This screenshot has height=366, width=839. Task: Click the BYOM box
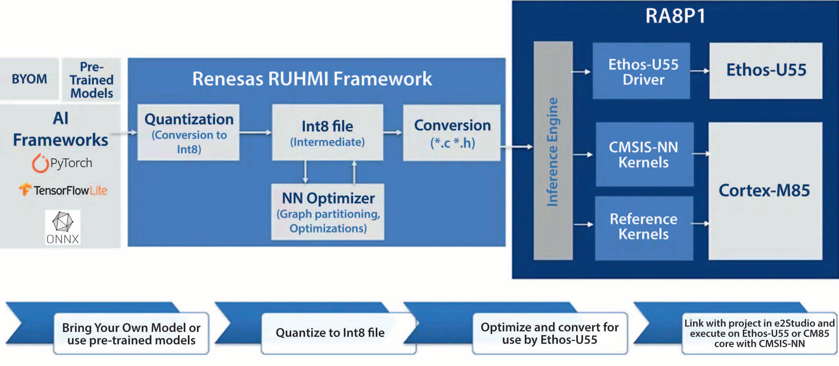(x=29, y=79)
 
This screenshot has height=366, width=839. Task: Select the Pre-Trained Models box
(x=91, y=80)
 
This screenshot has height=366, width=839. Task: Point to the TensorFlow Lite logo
(x=63, y=190)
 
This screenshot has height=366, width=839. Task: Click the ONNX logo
(x=63, y=227)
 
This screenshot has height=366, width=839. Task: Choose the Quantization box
(x=189, y=133)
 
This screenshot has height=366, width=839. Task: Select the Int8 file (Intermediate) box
(x=327, y=133)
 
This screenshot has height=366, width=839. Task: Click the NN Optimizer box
(x=328, y=212)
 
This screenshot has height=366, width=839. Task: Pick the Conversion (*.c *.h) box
(x=452, y=133)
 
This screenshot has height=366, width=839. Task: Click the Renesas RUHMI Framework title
(x=312, y=79)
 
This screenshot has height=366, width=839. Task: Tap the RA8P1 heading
(x=675, y=16)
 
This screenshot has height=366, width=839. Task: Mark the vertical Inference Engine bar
(x=553, y=151)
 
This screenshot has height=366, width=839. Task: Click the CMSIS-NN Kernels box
(x=644, y=154)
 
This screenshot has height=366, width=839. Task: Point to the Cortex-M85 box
(x=765, y=191)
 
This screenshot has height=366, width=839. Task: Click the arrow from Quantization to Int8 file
(x=255, y=133)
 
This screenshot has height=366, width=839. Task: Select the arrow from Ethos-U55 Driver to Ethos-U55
(x=700, y=71)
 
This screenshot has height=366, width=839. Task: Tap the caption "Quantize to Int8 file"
(x=330, y=333)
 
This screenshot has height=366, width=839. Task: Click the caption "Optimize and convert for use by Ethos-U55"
(x=550, y=333)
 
